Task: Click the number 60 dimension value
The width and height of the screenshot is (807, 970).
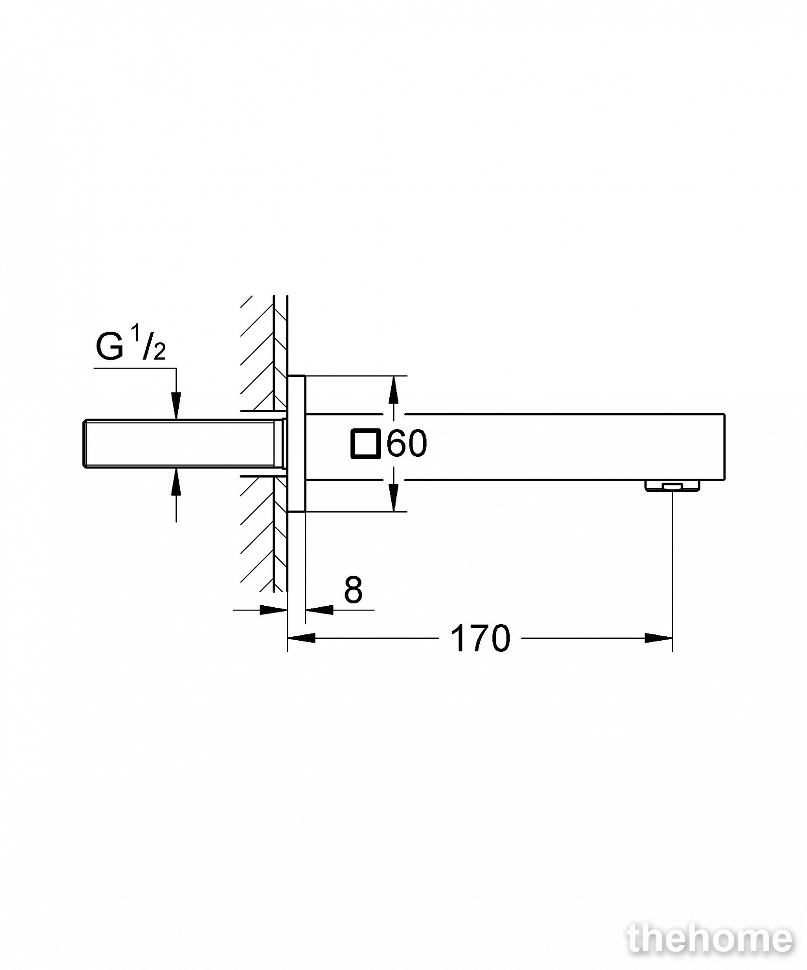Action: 407,443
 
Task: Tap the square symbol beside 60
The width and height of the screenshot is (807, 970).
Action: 364,443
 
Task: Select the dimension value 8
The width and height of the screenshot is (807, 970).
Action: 353,590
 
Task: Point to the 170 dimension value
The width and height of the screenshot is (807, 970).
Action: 480,638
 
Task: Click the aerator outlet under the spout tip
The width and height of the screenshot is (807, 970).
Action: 672,485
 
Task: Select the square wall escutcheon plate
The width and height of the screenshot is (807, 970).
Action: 296,443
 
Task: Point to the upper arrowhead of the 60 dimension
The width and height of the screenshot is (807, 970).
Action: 394,389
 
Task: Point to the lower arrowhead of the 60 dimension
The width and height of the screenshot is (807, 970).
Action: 394,498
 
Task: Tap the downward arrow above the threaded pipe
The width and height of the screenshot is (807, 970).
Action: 176,406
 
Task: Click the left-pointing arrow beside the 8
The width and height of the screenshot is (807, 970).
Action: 319,610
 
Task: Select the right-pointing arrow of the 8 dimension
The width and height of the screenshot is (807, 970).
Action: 274,610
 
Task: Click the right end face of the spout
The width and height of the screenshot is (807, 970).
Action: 725,447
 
